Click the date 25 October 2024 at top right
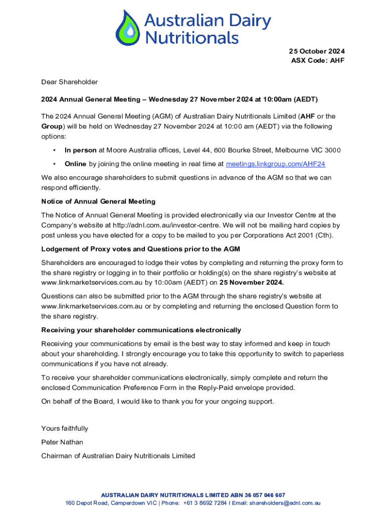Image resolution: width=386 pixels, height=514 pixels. (316, 51)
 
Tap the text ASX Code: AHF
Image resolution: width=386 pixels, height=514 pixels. (318, 61)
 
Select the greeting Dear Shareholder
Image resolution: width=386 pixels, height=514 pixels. (69, 82)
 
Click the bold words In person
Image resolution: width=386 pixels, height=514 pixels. (81, 150)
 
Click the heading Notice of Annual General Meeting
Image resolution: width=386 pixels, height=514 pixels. (98, 201)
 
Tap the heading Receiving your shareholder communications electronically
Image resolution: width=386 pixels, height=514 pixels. (141, 330)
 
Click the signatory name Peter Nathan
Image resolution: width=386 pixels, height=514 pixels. (62, 442)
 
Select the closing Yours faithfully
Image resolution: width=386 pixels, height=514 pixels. (65, 428)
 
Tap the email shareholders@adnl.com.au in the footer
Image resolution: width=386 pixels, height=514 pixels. (285, 503)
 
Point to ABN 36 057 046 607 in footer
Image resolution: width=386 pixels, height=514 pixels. (258, 495)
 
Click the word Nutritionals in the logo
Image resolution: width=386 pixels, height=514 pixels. (191, 37)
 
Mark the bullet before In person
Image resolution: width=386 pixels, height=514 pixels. (54, 150)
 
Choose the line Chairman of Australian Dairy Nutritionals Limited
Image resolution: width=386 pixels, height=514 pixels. (118, 456)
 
